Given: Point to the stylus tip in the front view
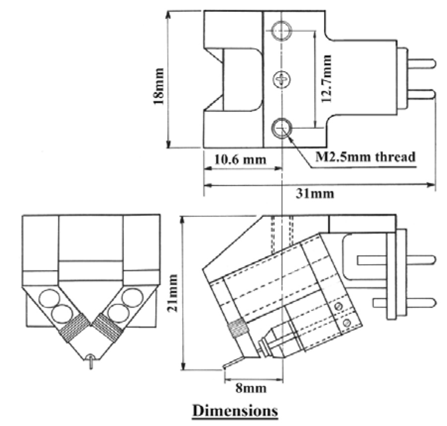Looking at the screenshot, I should (x=91, y=363).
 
